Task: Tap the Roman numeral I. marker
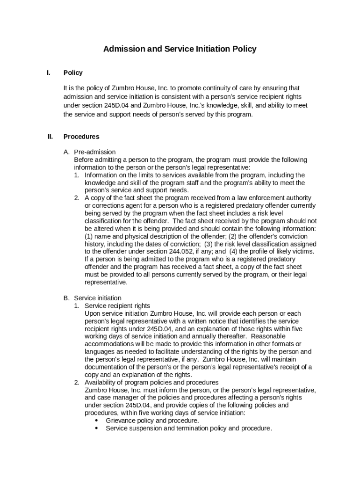coord(49,73)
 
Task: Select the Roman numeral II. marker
coord(50,137)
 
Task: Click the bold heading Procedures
coord(81,137)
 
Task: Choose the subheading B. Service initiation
coord(93,298)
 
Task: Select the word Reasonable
coord(270,336)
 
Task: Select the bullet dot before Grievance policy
coord(96,421)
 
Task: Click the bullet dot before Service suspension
coord(96,428)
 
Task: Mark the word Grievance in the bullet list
coord(121,421)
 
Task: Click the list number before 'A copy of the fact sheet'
coord(77,198)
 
